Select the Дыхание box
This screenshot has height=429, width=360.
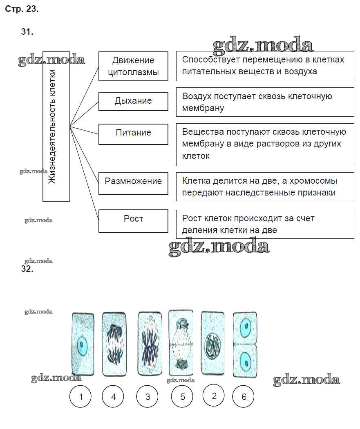click(x=133, y=101)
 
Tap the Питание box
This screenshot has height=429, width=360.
click(x=133, y=134)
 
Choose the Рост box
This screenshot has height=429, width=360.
click(x=133, y=220)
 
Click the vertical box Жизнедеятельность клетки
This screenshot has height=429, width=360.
click(x=56, y=126)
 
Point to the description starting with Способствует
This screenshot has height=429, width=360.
click(x=265, y=66)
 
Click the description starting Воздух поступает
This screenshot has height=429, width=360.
click(x=265, y=102)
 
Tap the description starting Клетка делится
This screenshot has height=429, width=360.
click(x=265, y=187)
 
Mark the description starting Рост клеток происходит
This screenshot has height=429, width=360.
click(x=265, y=224)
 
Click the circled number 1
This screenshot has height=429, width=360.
click(x=81, y=396)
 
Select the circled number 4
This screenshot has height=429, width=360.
click(x=113, y=396)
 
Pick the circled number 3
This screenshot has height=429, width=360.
click(x=148, y=396)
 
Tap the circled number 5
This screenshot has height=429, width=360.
click(x=183, y=396)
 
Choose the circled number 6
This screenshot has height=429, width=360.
click(x=244, y=396)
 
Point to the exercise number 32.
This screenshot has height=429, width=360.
click(x=27, y=269)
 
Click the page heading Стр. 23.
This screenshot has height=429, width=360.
click(x=22, y=9)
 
